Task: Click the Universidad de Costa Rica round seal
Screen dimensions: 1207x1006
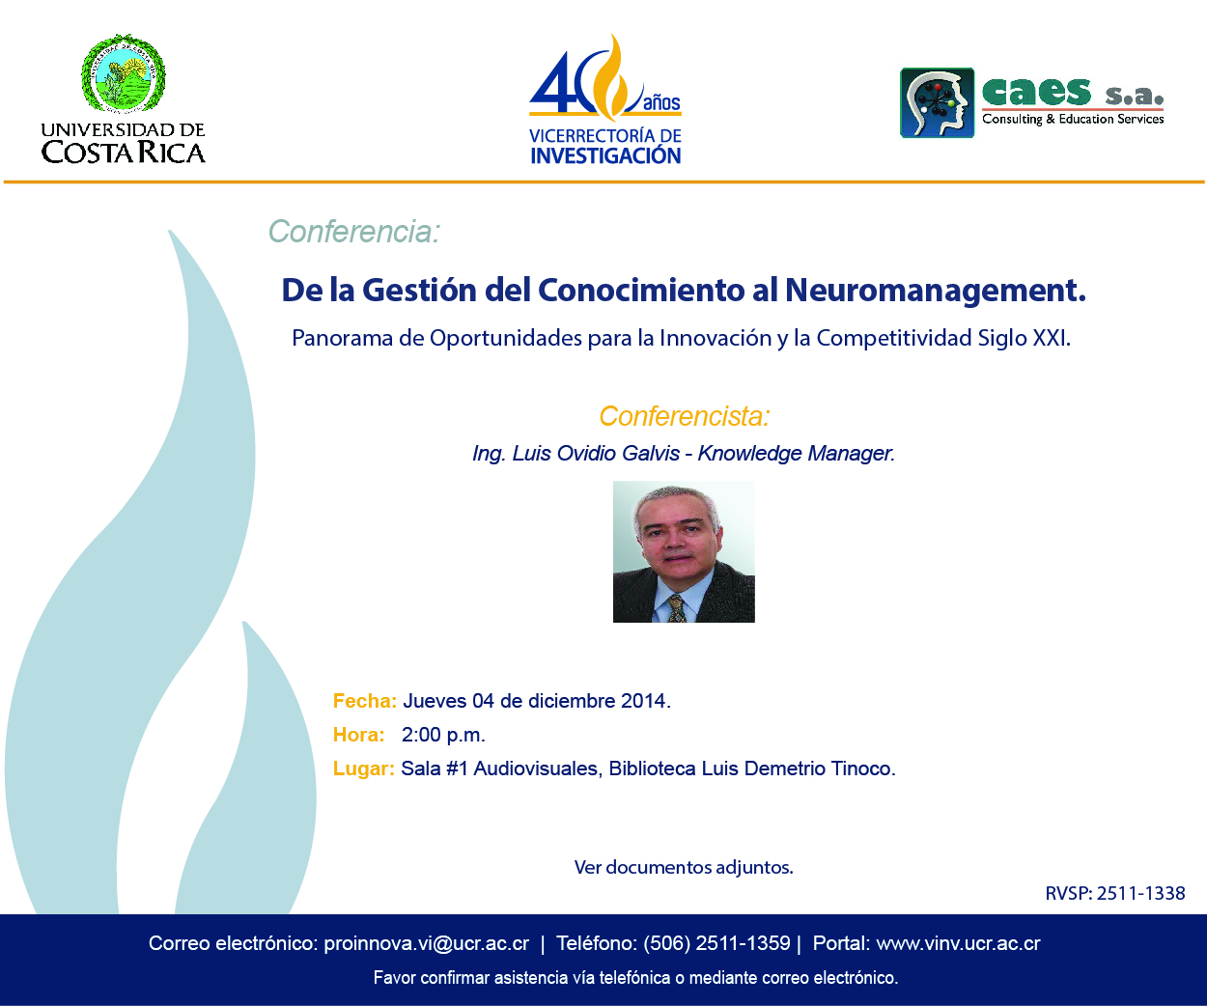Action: pyautogui.click(x=124, y=72)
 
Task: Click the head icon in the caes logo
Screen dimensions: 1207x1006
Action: pyautogui.click(x=937, y=103)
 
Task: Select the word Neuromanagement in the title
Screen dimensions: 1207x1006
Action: pyautogui.click(x=936, y=291)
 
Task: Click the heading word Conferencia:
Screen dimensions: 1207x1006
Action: pyautogui.click(x=354, y=232)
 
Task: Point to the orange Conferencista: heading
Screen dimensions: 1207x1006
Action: pyautogui.click(x=685, y=416)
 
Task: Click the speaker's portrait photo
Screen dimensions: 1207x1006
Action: pyautogui.click(x=684, y=551)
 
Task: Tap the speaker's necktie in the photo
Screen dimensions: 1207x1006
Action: pyautogui.click(x=677, y=609)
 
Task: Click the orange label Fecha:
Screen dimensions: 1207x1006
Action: pyautogui.click(x=365, y=701)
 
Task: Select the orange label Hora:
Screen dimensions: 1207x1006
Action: pyautogui.click(x=359, y=735)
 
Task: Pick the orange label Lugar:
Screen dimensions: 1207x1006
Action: pyautogui.click(x=364, y=768)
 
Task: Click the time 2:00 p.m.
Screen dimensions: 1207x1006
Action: pyautogui.click(x=443, y=736)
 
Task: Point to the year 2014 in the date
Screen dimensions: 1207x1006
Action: pyautogui.click(x=643, y=701)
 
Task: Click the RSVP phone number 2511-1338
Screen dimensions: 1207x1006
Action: pyautogui.click(x=1140, y=893)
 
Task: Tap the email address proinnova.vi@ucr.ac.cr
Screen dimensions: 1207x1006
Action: pyautogui.click(x=426, y=943)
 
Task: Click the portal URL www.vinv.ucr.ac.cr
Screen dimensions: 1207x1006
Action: pyautogui.click(x=959, y=943)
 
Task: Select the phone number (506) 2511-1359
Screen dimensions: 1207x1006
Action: pyautogui.click(x=716, y=943)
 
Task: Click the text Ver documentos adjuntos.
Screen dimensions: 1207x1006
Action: pyautogui.click(x=684, y=867)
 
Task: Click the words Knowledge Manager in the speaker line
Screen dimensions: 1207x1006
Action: pyautogui.click(x=797, y=453)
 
